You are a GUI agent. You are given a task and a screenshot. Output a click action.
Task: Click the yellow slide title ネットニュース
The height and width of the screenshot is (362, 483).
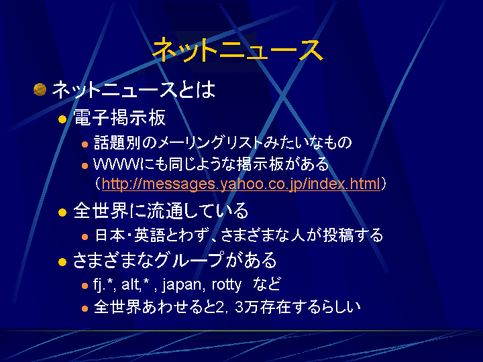pos(237,50)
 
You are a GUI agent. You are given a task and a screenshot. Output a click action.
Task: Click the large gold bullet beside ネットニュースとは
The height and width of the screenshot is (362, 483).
pos(40,90)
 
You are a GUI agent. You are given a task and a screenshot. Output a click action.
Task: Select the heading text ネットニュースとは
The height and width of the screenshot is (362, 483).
pos(133,90)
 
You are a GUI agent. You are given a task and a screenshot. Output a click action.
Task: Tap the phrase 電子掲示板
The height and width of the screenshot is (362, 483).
pos(119,117)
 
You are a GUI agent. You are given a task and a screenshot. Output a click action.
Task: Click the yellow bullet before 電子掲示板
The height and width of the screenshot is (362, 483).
pos(62,119)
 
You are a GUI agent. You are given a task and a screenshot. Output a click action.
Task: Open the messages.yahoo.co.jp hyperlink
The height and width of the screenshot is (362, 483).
pos(241,184)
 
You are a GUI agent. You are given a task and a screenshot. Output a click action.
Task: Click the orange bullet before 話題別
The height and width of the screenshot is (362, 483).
pos(85,144)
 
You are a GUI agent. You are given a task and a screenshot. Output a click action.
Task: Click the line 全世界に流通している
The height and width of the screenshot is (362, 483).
pos(160,210)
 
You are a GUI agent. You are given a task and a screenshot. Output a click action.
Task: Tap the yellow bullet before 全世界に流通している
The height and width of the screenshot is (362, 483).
pos(62,213)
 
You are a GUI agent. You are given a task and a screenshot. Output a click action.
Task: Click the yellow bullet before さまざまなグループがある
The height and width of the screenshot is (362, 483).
pos(62,261)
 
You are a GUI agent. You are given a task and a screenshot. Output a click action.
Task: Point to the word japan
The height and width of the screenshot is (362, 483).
pos(181,285)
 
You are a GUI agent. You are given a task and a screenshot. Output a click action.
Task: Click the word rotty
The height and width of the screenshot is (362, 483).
pos(227,285)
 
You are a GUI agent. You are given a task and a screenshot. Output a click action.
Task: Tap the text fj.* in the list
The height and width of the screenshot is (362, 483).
pos(103,284)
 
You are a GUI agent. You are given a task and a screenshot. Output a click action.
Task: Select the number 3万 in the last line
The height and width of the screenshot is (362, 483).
pos(246,307)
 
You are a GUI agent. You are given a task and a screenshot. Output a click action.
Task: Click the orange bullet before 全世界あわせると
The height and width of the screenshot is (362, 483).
pos(85,309)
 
